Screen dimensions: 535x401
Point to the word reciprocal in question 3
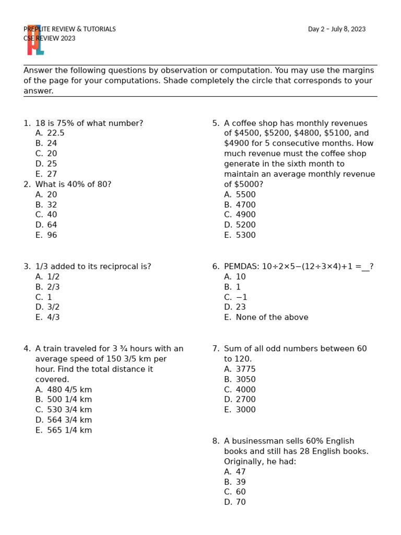click(116, 266)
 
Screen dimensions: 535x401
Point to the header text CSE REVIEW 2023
click(50, 38)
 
